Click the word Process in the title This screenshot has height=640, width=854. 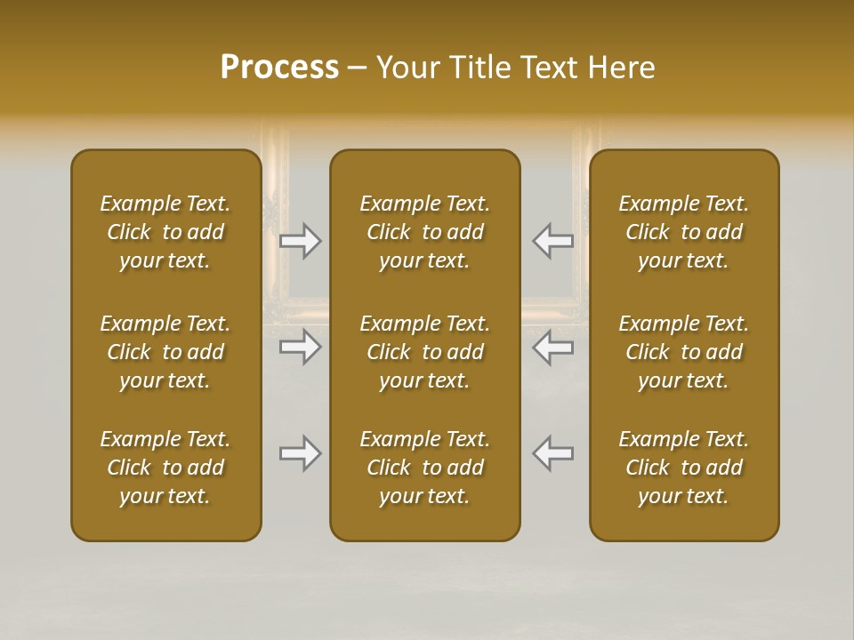click(x=279, y=68)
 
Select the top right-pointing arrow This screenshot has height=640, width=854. click(x=301, y=241)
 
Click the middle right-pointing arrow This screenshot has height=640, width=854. click(x=301, y=347)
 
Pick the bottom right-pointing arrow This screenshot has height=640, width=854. click(x=301, y=453)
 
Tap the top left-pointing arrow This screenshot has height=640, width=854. click(x=553, y=241)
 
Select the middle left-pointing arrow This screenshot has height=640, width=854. click(x=553, y=347)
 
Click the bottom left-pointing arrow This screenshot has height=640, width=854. click(x=553, y=453)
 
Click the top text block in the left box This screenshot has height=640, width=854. click(x=165, y=232)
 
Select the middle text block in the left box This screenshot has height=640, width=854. click(x=165, y=352)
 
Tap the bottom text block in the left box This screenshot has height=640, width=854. click(x=165, y=468)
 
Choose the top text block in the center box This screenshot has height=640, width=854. click(x=425, y=232)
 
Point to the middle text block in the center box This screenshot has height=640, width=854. click(x=425, y=352)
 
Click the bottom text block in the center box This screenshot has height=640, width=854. click(x=425, y=468)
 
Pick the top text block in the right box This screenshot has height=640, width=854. click(x=684, y=232)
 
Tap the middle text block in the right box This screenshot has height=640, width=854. click(x=684, y=352)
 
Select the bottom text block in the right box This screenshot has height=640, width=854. click(x=684, y=468)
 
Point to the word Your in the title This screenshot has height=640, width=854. click(x=404, y=68)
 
